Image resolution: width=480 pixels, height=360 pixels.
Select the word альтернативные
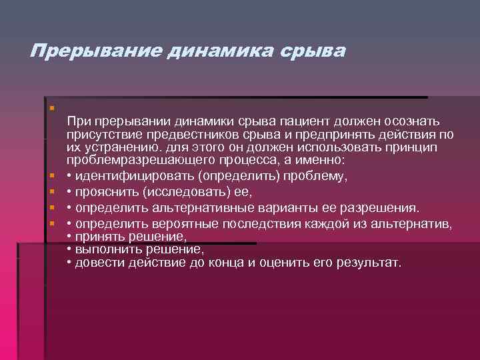coord(183,208)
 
